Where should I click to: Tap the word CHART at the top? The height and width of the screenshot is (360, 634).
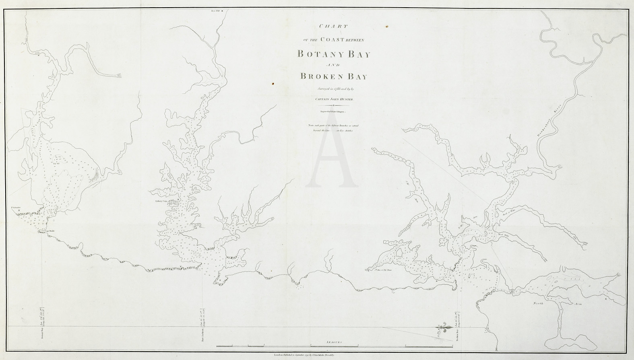point(333,27)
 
